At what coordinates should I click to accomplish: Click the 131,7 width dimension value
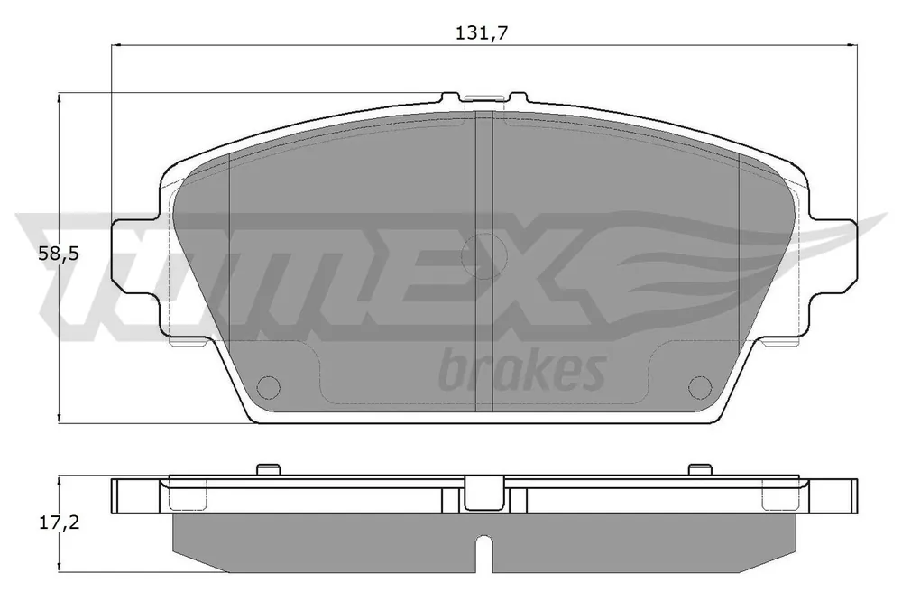point(482,32)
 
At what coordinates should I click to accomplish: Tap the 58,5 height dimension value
point(58,254)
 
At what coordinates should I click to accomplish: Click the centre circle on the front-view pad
point(483,255)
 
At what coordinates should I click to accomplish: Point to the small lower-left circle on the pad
point(268,387)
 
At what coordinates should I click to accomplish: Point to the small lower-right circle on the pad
point(700,387)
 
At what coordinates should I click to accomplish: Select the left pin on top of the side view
point(268,470)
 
